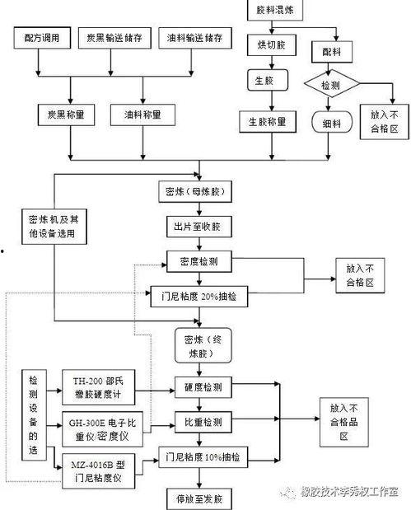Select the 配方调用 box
(x=41, y=38)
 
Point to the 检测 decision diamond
(x=329, y=85)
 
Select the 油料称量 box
(x=142, y=114)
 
